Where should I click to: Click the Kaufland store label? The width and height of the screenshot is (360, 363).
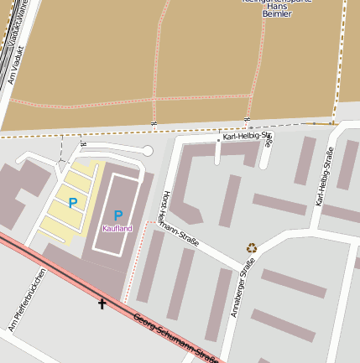(117, 228)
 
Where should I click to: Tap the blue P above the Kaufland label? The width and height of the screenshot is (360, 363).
(117, 215)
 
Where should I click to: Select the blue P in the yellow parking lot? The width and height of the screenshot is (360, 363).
(73, 202)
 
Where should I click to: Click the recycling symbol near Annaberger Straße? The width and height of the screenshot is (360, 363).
(251, 247)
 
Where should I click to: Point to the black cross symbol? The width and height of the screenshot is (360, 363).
(102, 303)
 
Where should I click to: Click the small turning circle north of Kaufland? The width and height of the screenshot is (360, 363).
(148, 151)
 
